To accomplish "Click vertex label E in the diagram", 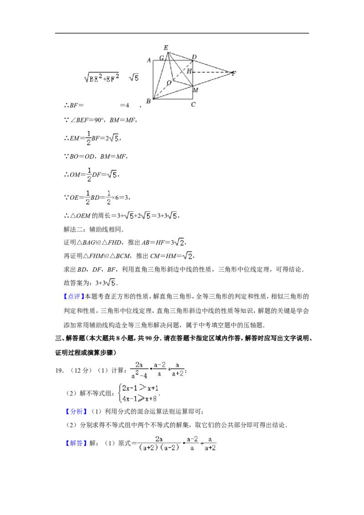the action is [x=166, y=48].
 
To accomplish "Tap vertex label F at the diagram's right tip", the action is [x=233, y=73].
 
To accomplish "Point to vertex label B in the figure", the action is [x=148, y=101].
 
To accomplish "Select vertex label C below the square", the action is [x=193, y=105].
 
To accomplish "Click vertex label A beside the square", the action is [x=149, y=61].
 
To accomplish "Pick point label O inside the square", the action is [x=169, y=83].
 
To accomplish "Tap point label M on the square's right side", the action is [x=196, y=90].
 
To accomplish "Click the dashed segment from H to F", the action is [x=212, y=71].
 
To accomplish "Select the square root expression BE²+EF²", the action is [x=101, y=77].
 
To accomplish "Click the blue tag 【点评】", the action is [x=74, y=297].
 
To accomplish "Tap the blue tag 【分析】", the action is [x=76, y=412].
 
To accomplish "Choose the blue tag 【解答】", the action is [x=76, y=443].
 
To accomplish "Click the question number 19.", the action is [x=59, y=370].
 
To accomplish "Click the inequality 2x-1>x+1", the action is [x=140, y=388].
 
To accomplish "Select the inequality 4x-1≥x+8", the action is [x=139, y=399].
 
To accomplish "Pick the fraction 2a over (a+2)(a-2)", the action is [x=159, y=444].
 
